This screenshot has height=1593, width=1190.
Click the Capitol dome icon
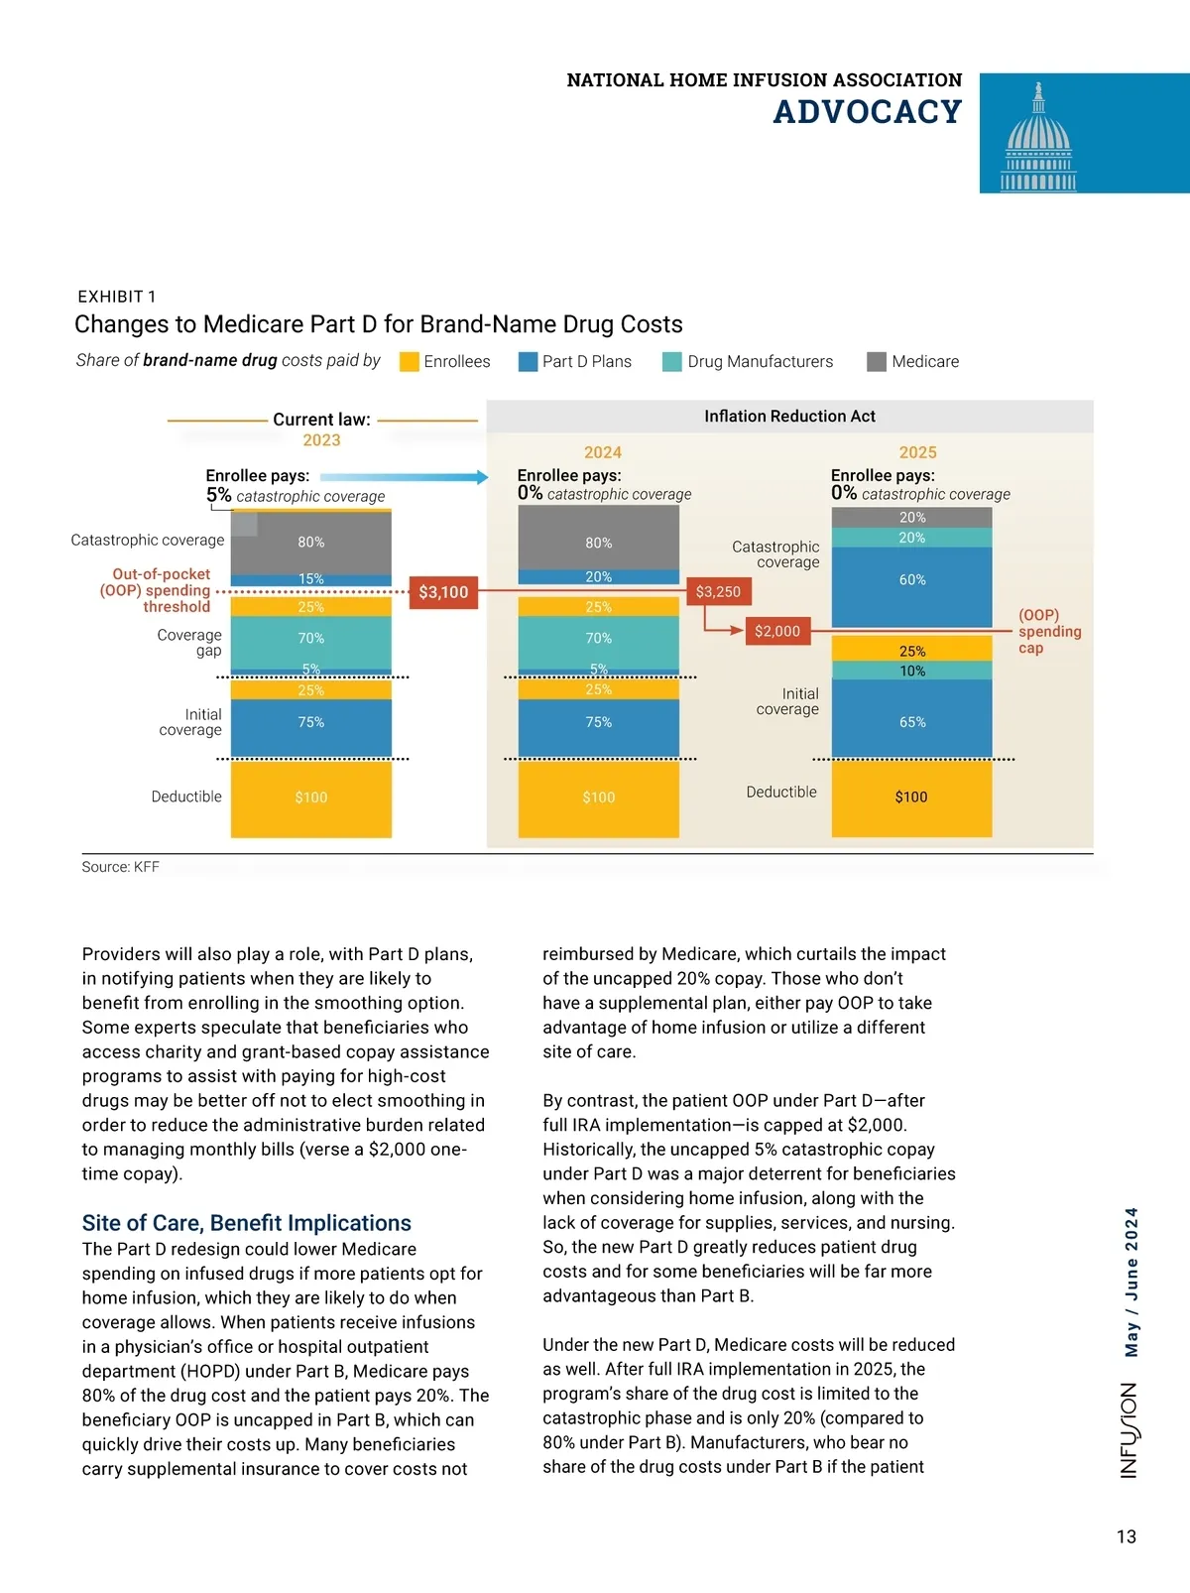[1038, 138]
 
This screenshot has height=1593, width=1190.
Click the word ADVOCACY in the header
[867, 112]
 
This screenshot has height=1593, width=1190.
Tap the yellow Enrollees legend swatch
[409, 362]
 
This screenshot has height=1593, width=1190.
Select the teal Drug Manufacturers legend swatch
[672, 362]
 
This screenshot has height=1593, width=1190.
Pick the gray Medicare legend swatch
[876, 362]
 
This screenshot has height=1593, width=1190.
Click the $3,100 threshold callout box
[443, 592]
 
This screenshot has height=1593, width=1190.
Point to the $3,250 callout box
[718, 592]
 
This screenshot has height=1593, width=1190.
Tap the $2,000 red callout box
[777, 631]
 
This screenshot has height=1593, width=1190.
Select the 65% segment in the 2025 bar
[911, 721]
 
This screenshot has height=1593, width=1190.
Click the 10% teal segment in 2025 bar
[911, 671]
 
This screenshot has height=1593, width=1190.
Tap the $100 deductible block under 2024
[598, 797]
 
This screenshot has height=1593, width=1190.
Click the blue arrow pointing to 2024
[407, 477]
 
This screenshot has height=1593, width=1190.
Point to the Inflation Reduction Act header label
[789, 417]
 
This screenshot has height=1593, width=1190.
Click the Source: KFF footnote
[120, 867]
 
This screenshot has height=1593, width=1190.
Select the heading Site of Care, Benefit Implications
[246, 1223]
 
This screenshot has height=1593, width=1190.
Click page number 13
[1127, 1536]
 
